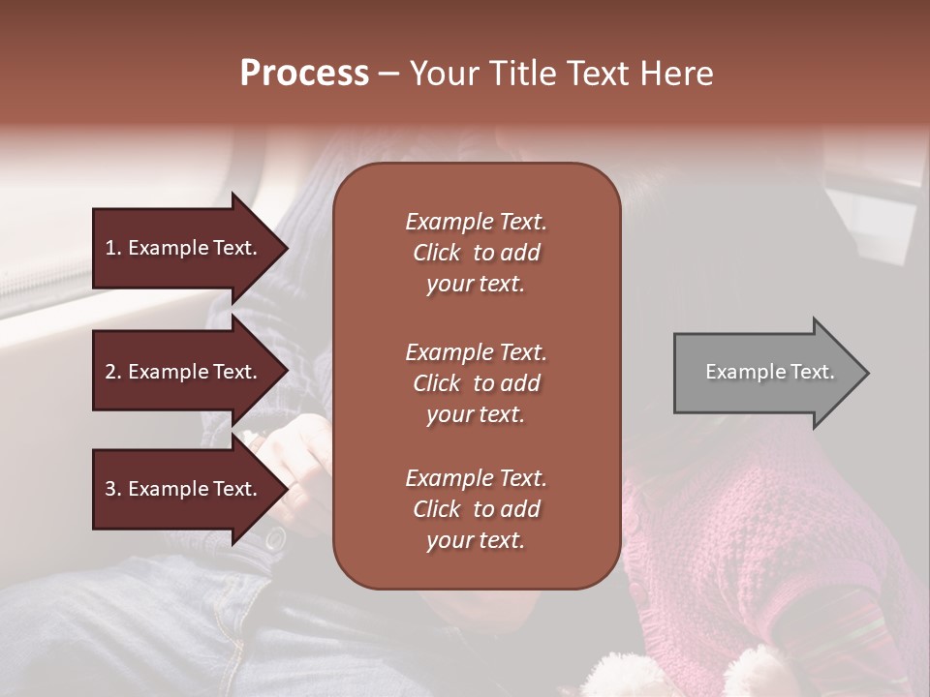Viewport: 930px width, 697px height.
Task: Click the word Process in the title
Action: (304, 74)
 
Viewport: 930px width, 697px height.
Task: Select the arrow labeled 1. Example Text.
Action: (184, 248)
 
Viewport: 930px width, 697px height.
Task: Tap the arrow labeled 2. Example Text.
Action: (184, 372)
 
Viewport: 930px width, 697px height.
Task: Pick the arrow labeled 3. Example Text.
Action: (184, 489)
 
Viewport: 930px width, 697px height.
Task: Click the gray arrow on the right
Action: (765, 372)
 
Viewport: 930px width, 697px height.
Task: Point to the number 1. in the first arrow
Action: (113, 248)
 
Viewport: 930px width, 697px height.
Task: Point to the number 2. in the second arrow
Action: (113, 372)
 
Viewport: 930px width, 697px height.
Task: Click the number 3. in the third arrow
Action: (113, 489)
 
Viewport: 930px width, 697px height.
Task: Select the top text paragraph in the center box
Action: (476, 253)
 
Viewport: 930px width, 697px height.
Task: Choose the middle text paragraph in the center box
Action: (476, 383)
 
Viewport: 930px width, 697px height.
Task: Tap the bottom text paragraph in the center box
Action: (476, 509)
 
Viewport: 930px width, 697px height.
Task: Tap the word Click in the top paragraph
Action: (437, 253)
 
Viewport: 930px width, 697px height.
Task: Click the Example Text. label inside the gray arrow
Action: (769, 372)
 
